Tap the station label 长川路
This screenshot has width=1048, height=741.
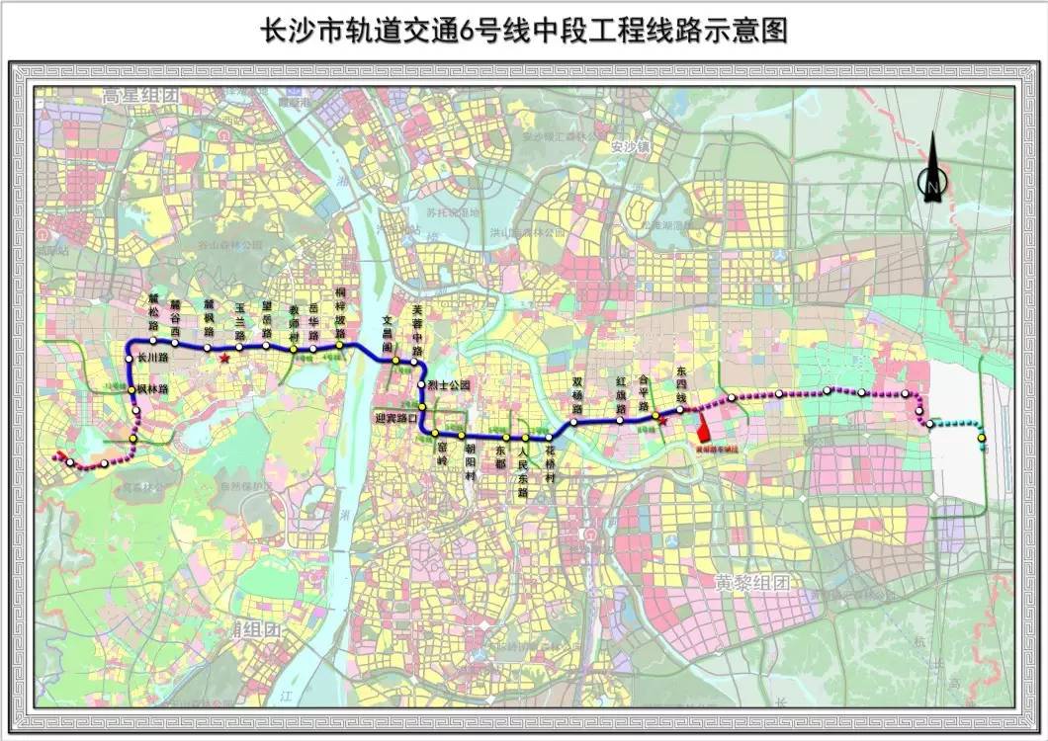pos(153,359)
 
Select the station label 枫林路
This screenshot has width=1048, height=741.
pos(152,390)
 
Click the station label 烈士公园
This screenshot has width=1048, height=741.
pos(451,384)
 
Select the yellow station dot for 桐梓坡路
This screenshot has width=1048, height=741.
pos(339,345)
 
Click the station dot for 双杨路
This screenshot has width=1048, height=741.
pos(572,423)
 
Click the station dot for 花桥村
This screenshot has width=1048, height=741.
pos(549,438)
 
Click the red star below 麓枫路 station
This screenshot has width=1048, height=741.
pos(225,359)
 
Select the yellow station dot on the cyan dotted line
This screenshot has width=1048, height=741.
pos(981,438)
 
